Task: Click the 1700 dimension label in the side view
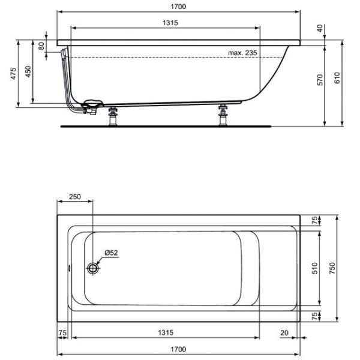[178, 7]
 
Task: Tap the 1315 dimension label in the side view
[170, 23]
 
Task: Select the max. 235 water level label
[242, 53]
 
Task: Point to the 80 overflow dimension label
[41, 46]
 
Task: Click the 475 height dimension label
[14, 74]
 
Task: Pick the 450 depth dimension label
[28, 71]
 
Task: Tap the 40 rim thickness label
[320, 28]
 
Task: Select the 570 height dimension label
[320, 80]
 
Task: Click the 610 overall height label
[337, 78]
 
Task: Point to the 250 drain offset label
[75, 197]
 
